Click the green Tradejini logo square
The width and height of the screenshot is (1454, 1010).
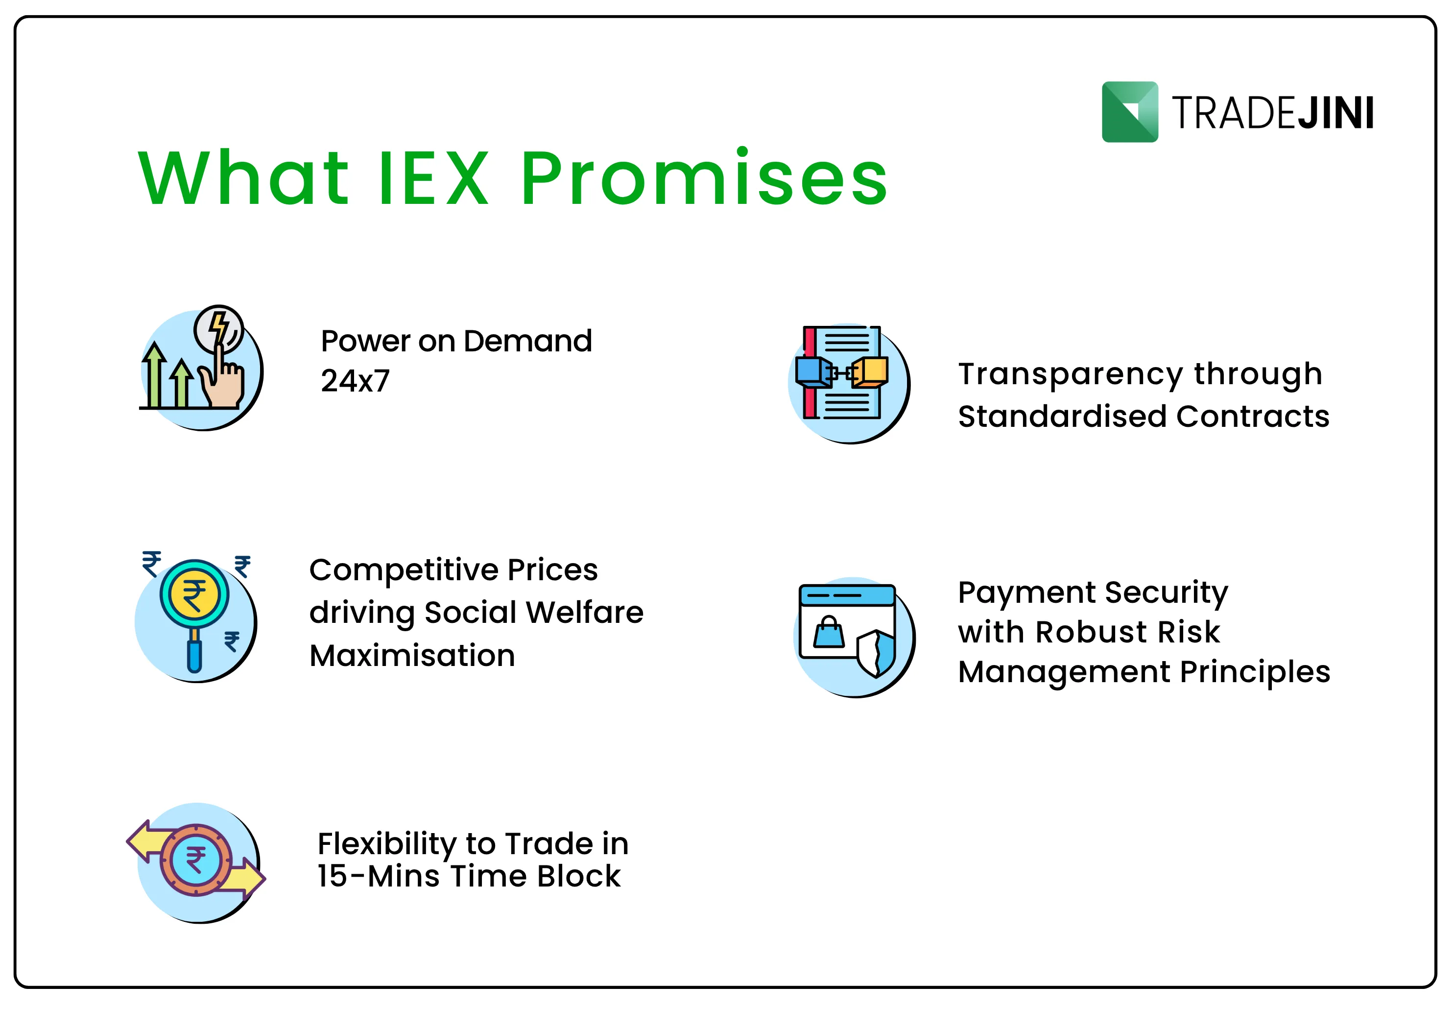pyautogui.click(x=1129, y=112)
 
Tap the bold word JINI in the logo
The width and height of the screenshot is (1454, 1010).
pyautogui.click(x=1336, y=113)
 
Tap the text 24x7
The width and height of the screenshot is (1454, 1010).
pyautogui.click(x=355, y=380)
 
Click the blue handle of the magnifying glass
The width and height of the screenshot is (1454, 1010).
pyautogui.click(x=194, y=656)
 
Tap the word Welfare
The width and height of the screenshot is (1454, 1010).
pyautogui.click(x=584, y=612)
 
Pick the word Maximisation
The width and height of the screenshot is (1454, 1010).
pyautogui.click(x=412, y=655)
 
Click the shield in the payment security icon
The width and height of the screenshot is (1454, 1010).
pyautogui.click(x=876, y=653)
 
